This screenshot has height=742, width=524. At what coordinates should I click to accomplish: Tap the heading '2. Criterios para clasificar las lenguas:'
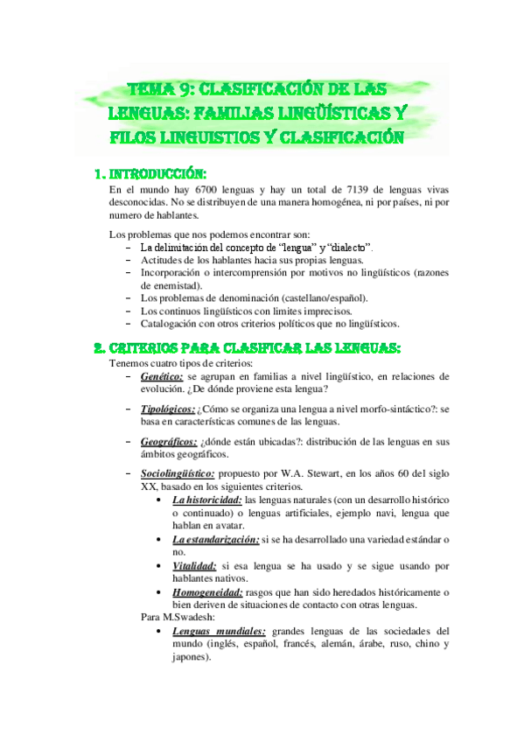pos(248,347)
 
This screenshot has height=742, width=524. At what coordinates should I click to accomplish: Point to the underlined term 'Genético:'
pos(160,376)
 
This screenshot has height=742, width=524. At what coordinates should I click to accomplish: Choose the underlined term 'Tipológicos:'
pos(168,409)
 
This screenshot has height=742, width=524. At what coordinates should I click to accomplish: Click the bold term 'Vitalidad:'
pos(194,566)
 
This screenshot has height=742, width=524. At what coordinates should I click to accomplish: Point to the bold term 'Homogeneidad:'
pos(207,592)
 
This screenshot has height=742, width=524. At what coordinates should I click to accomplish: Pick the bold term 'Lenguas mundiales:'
pos(220,631)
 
